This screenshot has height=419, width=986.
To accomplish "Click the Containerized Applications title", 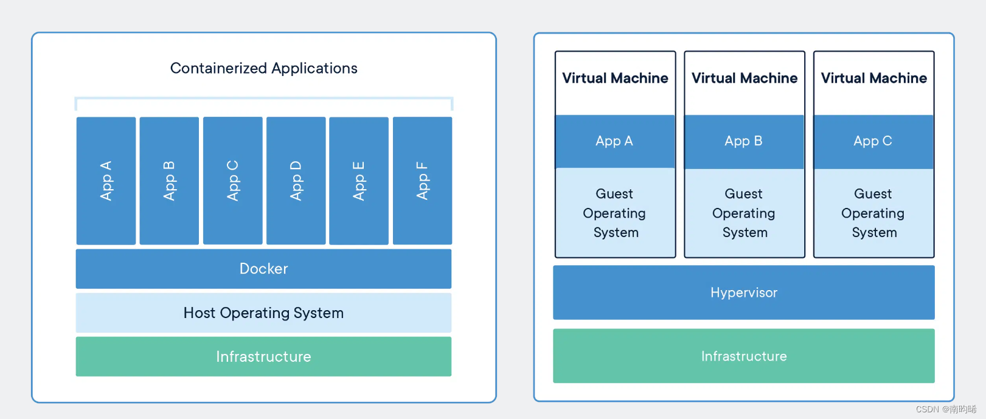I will [263, 68].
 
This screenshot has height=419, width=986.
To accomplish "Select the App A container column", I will [106, 181].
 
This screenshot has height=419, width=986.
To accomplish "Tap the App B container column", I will [169, 181].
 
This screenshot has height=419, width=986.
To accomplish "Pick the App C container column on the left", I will [232, 181].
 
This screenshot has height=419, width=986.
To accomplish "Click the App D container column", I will [296, 181].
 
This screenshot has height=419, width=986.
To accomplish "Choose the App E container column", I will [359, 181].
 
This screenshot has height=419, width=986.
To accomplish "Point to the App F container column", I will [422, 181].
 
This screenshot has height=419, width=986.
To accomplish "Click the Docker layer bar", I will [263, 268].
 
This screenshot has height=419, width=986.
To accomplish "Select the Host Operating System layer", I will [263, 313].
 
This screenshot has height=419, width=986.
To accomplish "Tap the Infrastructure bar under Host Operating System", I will [263, 356].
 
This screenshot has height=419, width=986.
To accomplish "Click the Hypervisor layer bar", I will [743, 293].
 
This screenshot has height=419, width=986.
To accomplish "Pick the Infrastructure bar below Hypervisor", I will [743, 356].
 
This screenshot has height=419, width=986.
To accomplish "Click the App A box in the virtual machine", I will [614, 141].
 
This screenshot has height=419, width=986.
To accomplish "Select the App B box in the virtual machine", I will [743, 141].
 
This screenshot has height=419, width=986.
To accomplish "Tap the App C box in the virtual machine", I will [873, 141].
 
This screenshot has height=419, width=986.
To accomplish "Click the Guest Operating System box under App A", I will [614, 213].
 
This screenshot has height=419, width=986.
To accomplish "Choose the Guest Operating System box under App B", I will [743, 213].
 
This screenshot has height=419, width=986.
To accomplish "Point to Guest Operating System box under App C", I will [873, 213].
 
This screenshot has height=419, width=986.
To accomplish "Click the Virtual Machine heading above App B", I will [744, 78].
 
